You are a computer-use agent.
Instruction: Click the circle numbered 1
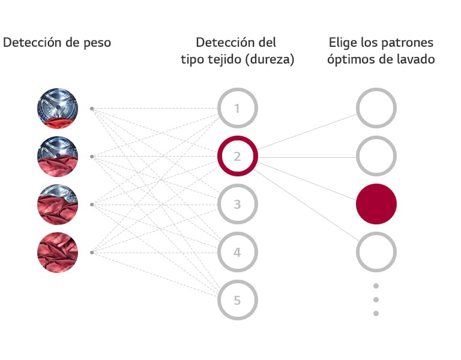coord(237,109)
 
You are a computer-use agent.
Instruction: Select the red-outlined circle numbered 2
coord(237,157)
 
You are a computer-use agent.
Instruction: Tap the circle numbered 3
coord(237,205)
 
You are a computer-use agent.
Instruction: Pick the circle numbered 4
coord(237,253)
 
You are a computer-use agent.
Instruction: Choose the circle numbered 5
coord(237,300)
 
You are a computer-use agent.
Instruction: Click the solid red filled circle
coord(376,204)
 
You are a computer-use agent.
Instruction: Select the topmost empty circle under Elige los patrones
coord(376,109)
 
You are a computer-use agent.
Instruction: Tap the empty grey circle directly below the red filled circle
coord(376,252)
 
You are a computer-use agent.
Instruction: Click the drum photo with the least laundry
coord(58,109)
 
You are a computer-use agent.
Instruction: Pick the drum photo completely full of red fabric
coord(58,253)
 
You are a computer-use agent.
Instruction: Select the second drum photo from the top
coord(58,157)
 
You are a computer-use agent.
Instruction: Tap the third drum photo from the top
coord(58,205)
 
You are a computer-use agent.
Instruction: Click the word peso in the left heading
coord(97,43)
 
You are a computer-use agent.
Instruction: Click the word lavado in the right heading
coord(415,60)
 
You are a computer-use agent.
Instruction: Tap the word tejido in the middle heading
coord(222,60)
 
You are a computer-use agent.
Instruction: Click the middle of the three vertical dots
coord(376,299)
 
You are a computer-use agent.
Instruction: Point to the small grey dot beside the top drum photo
coord(91,109)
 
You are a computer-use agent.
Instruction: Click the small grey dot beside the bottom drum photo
coord(91,253)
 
